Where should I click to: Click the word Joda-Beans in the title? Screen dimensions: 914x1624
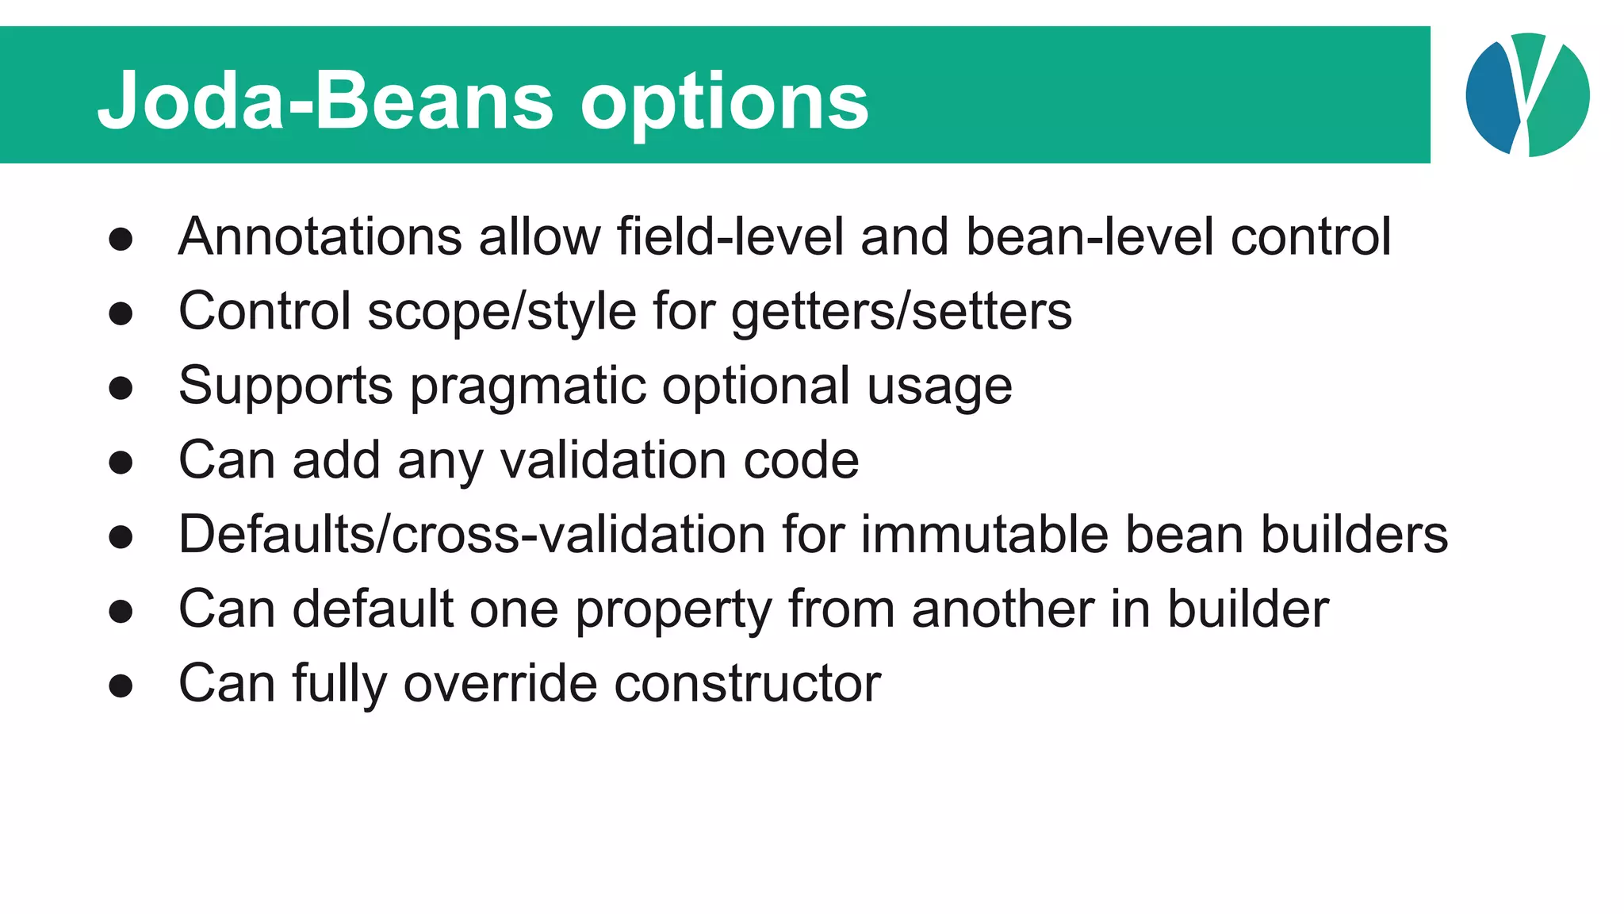point(325,101)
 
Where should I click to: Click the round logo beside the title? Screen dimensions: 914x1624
point(1527,94)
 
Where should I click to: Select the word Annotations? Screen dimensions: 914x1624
point(320,236)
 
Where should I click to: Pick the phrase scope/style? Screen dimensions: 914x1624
point(502,311)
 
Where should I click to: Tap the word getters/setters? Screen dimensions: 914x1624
point(902,311)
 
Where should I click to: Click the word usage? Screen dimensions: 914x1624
point(940,386)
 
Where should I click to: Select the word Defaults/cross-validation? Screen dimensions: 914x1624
point(472,534)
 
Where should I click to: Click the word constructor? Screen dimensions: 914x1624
point(748,683)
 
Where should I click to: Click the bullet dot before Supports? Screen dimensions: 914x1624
point(121,388)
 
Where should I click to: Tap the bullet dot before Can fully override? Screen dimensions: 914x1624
point(121,685)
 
